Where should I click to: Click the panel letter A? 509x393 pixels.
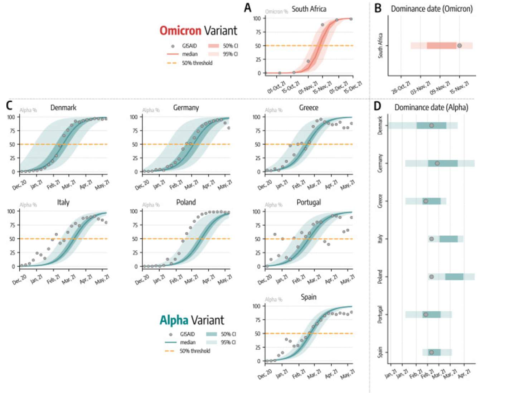(247, 8)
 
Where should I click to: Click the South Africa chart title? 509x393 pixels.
(309, 9)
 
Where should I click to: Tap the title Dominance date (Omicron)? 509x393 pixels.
(431, 9)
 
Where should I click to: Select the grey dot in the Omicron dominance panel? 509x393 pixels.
(459, 46)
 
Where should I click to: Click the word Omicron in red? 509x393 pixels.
(180, 31)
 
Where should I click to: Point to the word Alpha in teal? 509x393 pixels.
(174, 320)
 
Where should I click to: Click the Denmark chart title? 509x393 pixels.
(63, 108)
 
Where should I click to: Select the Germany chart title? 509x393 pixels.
(186, 108)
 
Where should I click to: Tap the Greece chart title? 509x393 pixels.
(309, 108)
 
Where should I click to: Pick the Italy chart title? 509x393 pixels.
(63, 203)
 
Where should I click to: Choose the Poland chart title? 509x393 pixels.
(186, 203)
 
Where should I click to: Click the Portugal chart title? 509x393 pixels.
(309, 203)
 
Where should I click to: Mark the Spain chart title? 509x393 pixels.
(309, 297)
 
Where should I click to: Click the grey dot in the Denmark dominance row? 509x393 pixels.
(431, 126)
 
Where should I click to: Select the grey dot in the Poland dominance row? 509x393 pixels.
(431, 277)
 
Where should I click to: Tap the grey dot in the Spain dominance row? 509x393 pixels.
(431, 353)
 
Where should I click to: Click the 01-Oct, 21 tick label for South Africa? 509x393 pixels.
(277, 87)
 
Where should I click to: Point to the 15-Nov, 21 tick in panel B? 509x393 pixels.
(459, 87)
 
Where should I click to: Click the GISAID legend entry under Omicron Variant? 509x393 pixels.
(189, 46)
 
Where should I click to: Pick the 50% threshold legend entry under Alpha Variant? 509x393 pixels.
(195, 351)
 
